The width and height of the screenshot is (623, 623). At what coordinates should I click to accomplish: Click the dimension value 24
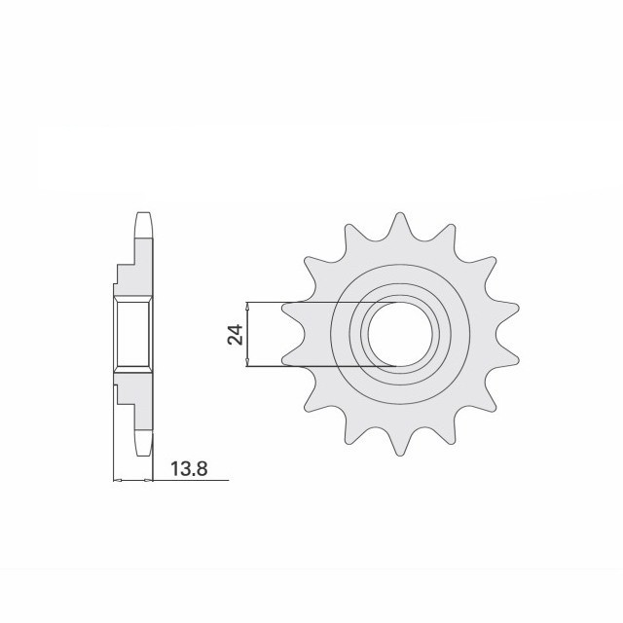point(235,336)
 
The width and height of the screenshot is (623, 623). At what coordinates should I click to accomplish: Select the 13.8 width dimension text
point(190,469)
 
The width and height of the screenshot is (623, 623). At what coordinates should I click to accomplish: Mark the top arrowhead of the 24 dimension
point(249,307)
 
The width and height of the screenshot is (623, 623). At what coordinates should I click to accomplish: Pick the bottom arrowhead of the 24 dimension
point(249,363)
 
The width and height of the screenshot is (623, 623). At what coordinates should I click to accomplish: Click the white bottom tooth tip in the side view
point(144,446)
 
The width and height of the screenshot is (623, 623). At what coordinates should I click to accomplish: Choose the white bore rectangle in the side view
point(133,335)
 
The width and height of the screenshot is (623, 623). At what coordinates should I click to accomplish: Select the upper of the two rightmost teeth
point(506,311)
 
